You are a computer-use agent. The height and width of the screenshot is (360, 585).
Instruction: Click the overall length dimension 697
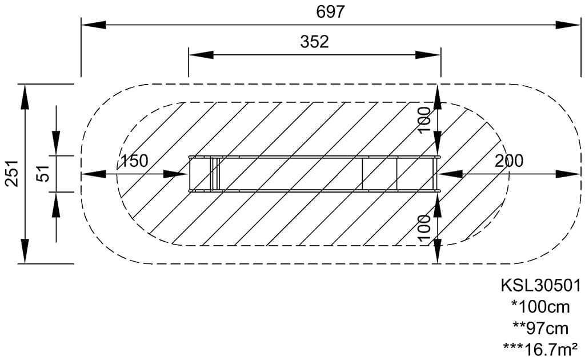click(x=330, y=12)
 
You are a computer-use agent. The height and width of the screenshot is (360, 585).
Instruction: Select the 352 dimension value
click(x=315, y=42)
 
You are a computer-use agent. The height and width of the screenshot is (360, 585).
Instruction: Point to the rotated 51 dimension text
click(x=43, y=173)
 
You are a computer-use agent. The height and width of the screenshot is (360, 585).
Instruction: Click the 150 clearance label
click(x=134, y=161)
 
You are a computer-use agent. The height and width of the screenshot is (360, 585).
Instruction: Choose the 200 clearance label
click(x=509, y=161)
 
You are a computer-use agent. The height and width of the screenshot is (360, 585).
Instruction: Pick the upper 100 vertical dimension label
click(x=424, y=119)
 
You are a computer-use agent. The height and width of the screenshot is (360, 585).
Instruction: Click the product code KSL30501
click(x=540, y=286)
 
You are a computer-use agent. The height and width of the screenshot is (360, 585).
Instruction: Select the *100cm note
click(x=540, y=307)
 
